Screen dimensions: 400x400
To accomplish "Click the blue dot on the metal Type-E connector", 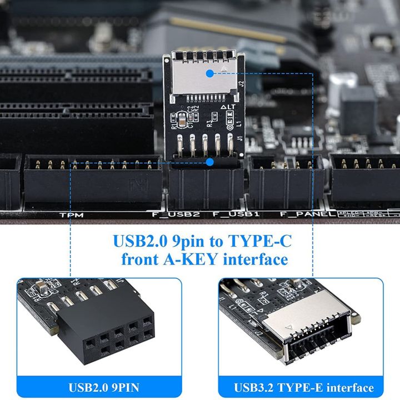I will tap(209, 73).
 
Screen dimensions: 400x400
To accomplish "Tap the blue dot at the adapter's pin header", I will tap(209, 162).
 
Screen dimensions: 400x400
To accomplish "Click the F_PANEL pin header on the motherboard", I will tap(285, 181).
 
